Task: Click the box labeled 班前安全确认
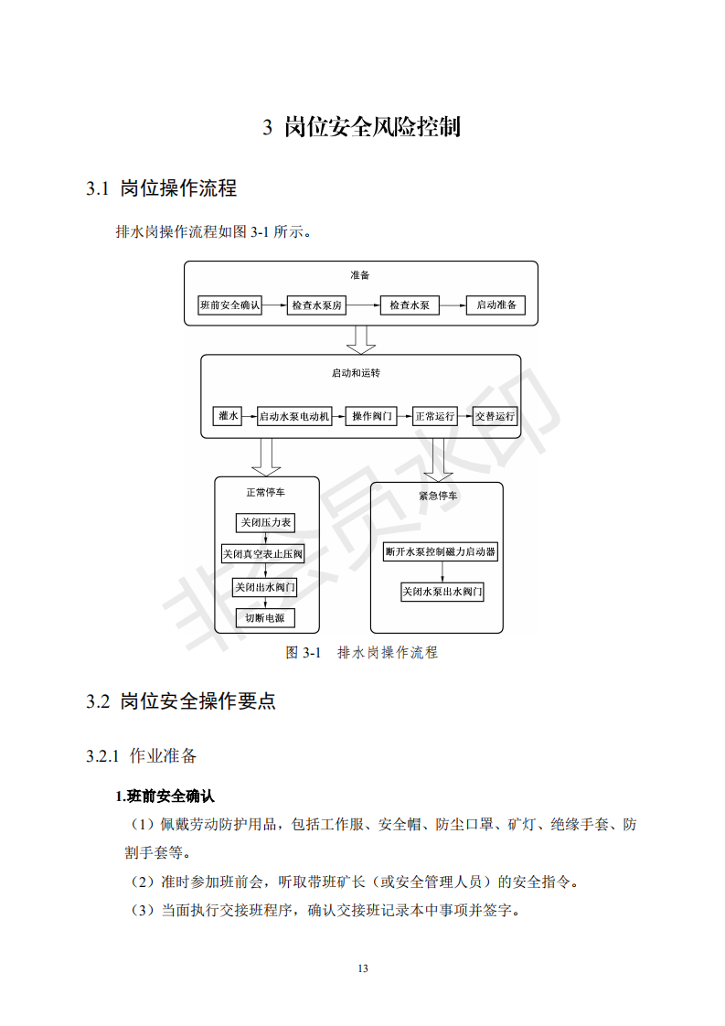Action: coord(229,305)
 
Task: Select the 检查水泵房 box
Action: coord(316,305)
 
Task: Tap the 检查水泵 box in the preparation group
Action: coord(410,305)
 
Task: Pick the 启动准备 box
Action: coord(496,305)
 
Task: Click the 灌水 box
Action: coord(228,416)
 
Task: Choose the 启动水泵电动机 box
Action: coord(294,416)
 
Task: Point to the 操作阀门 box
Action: coord(372,416)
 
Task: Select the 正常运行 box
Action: coord(435,416)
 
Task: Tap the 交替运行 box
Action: coord(495,416)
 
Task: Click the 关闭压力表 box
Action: coord(266,523)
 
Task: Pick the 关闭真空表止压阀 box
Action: coord(263,554)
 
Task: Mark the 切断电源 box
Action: coord(265,617)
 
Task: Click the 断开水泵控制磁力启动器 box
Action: coord(441,551)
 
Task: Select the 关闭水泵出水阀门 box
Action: coord(442,592)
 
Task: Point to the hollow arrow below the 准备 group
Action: coord(360,339)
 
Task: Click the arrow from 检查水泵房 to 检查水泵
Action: coord(363,305)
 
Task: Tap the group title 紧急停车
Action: coord(438,496)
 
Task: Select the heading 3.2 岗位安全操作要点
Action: coord(181,701)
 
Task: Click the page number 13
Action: coord(363,968)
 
